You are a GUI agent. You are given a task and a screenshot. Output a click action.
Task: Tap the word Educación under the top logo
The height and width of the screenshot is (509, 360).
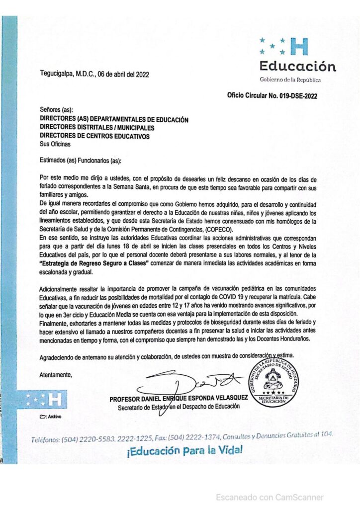tap(297, 67)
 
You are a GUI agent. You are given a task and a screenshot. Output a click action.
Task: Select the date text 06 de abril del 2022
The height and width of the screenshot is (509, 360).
tap(123, 75)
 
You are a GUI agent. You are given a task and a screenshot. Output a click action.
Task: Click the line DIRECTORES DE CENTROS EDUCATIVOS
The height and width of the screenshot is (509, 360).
tap(94, 136)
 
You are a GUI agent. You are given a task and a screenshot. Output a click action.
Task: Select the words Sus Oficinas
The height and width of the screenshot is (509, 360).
tap(55, 144)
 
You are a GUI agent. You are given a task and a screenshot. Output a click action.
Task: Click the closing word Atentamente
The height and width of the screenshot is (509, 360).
tap(56, 374)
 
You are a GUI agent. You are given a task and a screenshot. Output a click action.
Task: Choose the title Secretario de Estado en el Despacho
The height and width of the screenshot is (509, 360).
tap(179, 407)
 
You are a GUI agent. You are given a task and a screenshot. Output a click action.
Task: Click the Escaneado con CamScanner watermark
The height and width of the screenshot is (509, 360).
tap(270, 497)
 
